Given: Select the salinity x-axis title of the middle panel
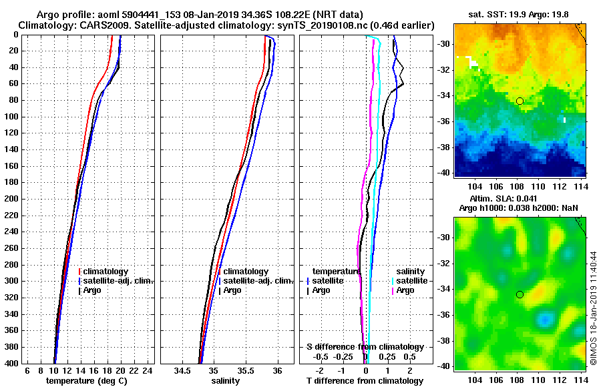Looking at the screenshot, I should point(226,380).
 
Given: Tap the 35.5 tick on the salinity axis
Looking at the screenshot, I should point(245,370).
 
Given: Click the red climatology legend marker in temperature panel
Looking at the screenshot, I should point(79,272).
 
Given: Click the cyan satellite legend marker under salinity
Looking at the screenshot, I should point(393,281).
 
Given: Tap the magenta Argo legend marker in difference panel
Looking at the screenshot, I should point(393,290).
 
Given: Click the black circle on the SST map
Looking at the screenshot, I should point(520,101).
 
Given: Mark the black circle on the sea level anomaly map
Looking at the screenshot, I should point(520,294).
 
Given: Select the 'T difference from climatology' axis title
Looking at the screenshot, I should point(365,380).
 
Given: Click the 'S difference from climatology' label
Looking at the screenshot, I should point(365,347).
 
